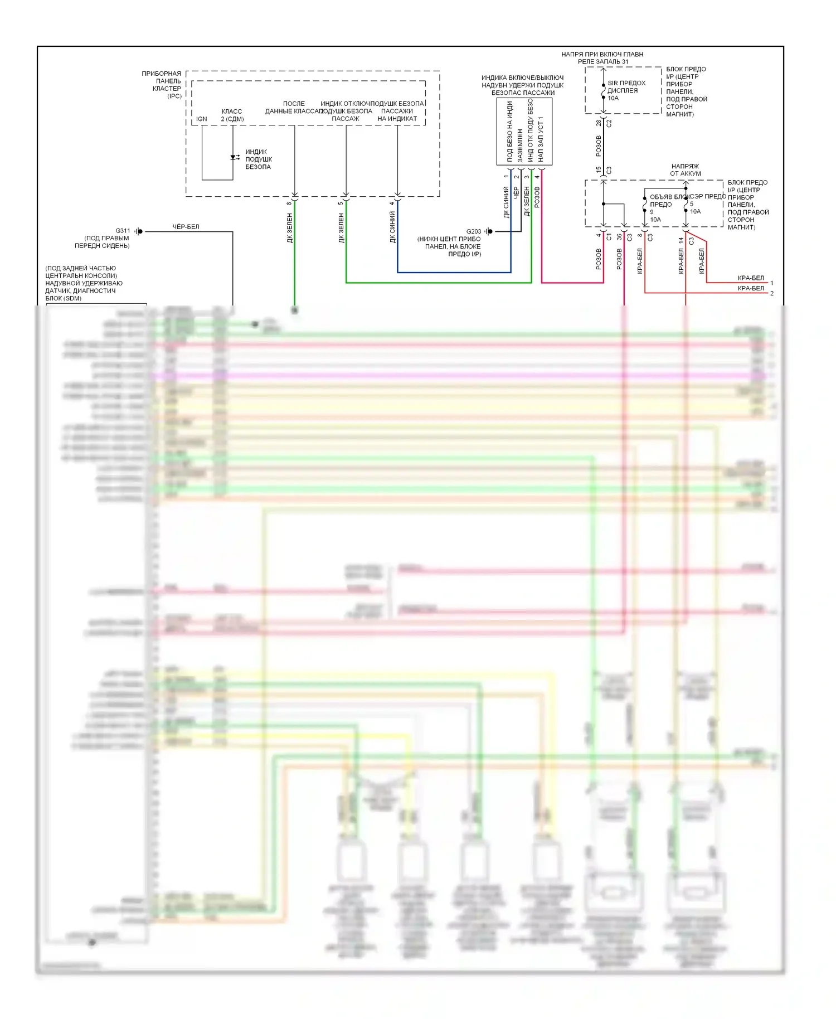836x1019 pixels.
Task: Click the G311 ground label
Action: [x=123, y=231]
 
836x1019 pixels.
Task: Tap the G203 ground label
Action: [x=473, y=231]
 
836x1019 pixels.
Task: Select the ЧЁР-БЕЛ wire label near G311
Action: [x=186, y=227]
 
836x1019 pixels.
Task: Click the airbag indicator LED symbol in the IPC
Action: [x=234, y=158]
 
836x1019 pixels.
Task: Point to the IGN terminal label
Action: [x=201, y=119]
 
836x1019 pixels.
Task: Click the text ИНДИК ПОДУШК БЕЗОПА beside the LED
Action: [x=258, y=159]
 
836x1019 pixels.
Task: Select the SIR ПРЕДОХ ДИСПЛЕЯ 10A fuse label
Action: [x=626, y=90]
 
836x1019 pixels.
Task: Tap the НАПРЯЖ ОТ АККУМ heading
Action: [x=685, y=170]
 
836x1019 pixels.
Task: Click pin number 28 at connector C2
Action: [x=599, y=123]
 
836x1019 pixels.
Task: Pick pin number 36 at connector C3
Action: [x=619, y=237]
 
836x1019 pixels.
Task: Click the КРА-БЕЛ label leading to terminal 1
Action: [x=750, y=278]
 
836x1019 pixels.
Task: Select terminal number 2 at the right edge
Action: [x=772, y=293]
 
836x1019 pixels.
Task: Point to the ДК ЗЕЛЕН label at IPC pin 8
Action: [x=290, y=228]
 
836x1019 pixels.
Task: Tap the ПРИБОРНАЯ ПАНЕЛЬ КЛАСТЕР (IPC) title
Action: [x=162, y=85]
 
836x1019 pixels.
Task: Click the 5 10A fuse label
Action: [x=695, y=208]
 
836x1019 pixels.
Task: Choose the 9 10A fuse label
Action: [x=655, y=216]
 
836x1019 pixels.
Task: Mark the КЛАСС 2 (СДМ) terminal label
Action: [x=232, y=115]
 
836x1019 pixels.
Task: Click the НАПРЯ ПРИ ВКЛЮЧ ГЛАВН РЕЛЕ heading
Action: [x=602, y=58]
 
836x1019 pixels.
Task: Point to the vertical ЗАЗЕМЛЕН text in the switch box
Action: [x=520, y=145]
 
